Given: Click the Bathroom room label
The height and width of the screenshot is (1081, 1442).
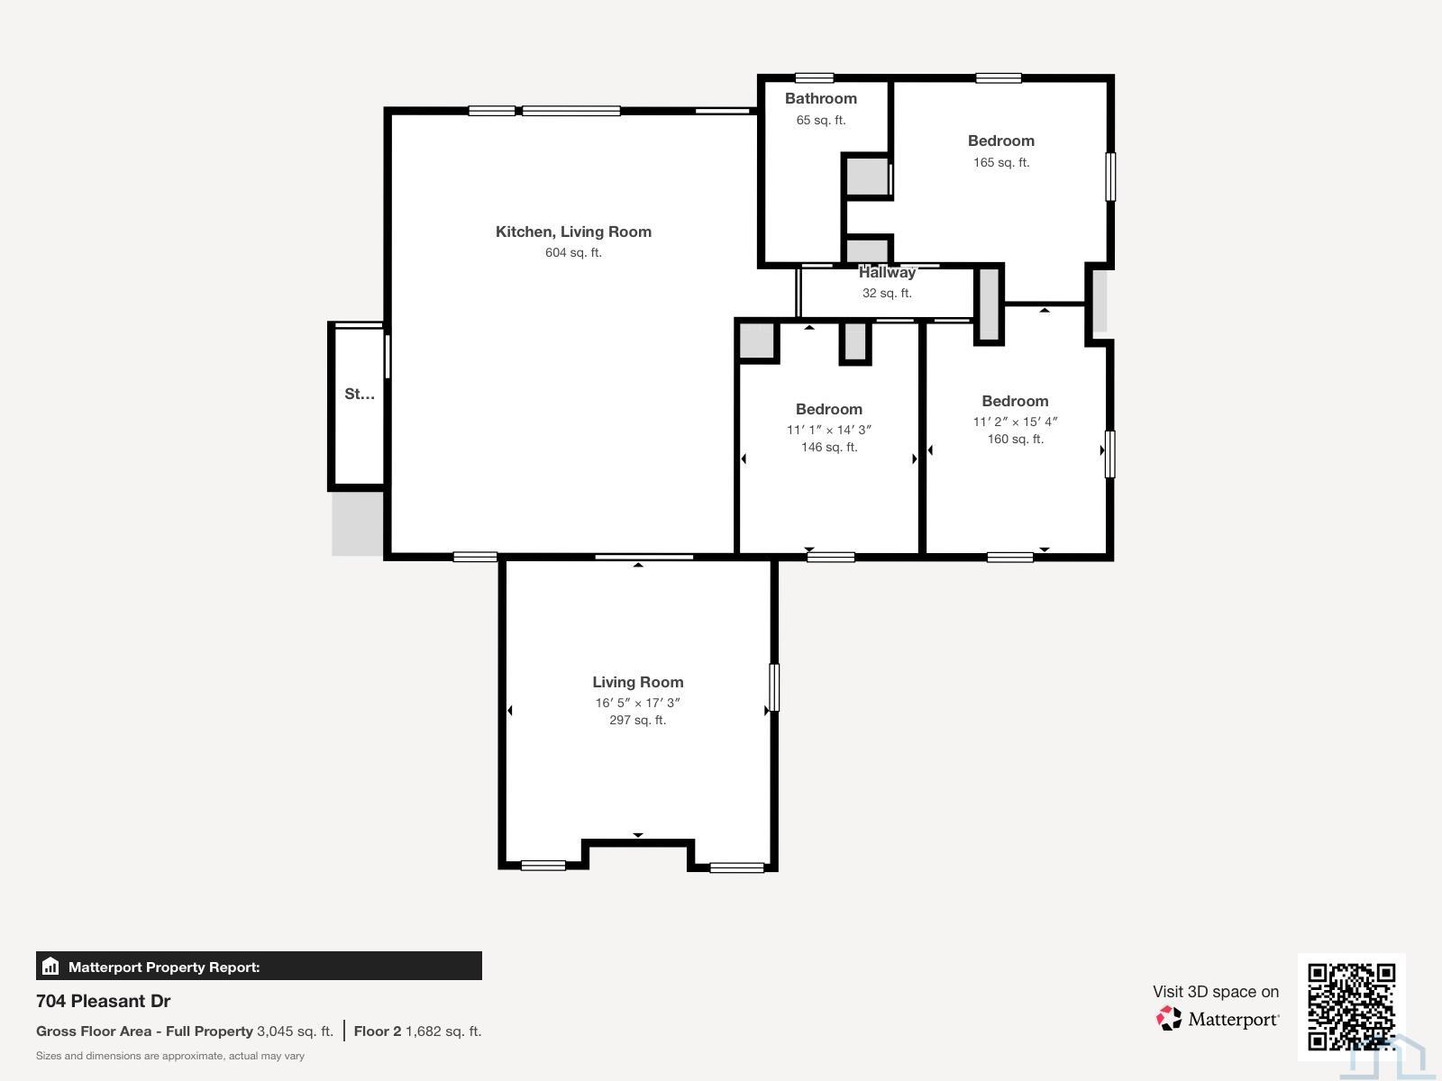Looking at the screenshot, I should pos(820,98).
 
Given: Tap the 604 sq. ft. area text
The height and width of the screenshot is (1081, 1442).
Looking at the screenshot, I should pos(573,253).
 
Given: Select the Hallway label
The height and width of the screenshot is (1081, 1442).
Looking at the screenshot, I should pos(887,272).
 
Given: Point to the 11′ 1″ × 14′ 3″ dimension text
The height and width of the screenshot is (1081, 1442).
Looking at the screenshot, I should pos(828,430).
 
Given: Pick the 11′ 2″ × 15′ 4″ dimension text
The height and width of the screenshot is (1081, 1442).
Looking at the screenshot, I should pos(1015,422).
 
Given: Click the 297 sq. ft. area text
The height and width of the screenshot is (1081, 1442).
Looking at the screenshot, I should pos(637,720).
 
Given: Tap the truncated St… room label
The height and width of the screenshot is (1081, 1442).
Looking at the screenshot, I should pos(360,394).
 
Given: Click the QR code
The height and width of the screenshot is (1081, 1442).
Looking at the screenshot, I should pos(1351,1007).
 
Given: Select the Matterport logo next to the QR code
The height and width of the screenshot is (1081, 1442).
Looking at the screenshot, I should pos(1218,1019).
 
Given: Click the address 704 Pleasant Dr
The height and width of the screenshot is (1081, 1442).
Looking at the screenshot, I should pos(104,1001).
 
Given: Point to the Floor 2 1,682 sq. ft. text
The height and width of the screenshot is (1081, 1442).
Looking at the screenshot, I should pos(417,1031).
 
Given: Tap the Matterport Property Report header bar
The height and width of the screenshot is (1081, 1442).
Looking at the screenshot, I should pos(259,967).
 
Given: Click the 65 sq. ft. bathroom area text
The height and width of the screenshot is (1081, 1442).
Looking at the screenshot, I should pos(820,120).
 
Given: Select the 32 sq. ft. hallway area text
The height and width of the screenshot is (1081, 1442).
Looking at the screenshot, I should pos(887,294).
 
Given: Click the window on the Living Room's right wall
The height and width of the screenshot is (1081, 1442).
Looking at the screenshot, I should pos(773,687).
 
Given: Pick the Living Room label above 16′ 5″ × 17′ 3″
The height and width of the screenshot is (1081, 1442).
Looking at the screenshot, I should pos(637,682).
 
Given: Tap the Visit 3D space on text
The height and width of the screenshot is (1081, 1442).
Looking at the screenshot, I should pos(1215,992).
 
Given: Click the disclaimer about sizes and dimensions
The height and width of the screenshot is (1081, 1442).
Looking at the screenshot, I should pos(170,1056).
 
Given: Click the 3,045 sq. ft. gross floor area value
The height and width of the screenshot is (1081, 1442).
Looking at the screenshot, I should pos(295,1031).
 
